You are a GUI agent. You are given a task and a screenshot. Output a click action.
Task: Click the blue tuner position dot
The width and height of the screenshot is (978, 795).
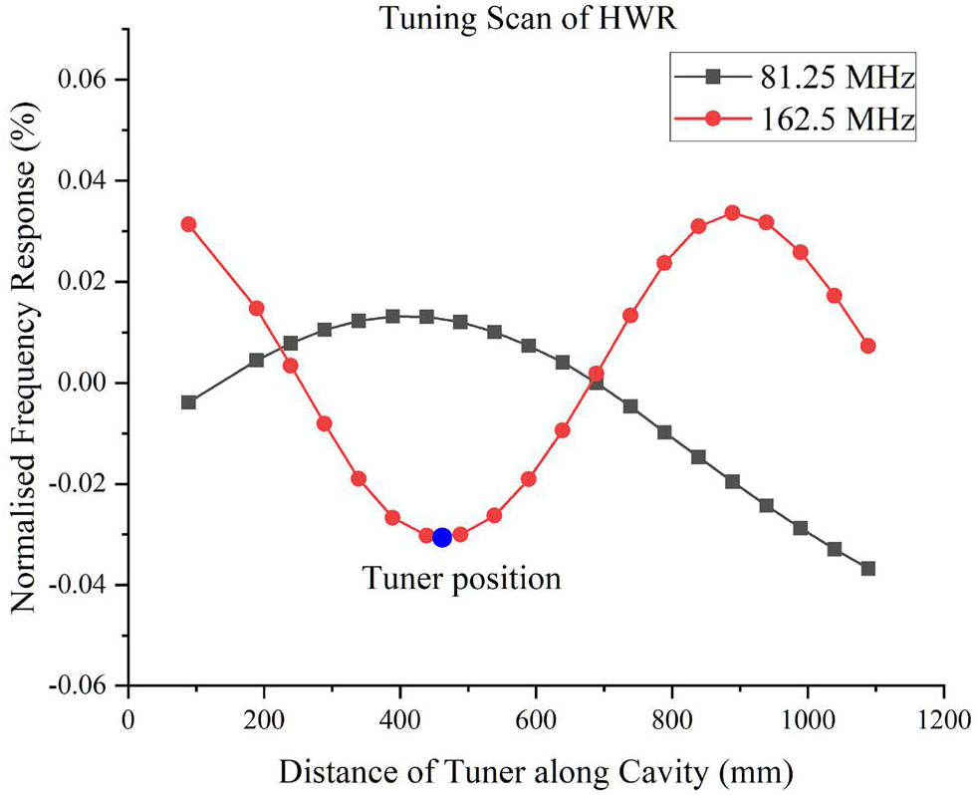coord(442,537)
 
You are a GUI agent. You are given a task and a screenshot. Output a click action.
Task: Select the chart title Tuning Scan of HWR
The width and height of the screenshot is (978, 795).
coord(528,18)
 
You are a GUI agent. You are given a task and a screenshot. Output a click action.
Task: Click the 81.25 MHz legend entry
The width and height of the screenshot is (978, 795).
coord(795,78)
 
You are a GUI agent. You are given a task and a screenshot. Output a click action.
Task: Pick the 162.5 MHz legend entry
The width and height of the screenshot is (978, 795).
coord(795,119)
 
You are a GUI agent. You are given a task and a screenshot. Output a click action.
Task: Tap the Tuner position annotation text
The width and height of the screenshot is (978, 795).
coord(462,579)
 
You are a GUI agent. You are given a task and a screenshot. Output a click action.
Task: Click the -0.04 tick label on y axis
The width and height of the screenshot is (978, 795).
coord(80,585)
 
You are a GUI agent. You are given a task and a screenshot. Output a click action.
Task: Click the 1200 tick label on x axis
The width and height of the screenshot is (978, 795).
coord(944,719)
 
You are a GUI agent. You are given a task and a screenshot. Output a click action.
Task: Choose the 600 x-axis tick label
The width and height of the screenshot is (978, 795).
coord(536,719)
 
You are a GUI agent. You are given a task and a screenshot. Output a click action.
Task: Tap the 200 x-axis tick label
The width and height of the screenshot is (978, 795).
coord(264,719)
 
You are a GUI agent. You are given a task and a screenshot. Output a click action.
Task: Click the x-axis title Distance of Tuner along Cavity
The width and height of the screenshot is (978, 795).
coord(493,772)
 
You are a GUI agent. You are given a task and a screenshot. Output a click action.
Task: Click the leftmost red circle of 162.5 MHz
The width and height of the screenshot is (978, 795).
coord(188,224)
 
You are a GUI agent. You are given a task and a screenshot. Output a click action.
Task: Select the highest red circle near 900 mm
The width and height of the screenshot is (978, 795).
coord(732,213)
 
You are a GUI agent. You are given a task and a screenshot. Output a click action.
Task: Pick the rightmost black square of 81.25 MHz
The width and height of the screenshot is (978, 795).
coord(868,569)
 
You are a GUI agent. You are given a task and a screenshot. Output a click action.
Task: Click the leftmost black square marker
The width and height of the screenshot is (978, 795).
coord(188,402)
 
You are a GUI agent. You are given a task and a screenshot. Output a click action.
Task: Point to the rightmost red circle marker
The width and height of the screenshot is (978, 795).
coord(868,346)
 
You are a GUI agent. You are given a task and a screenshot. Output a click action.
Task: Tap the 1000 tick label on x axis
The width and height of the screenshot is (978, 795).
coord(808,719)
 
